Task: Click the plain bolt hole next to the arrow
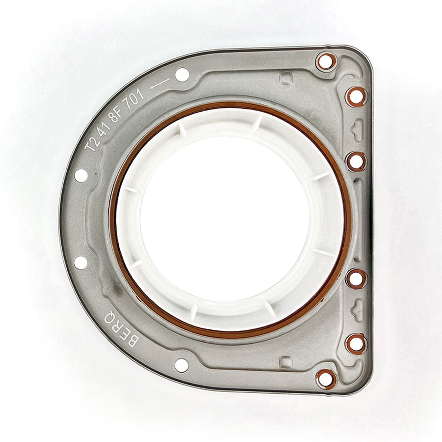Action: tap(182, 74)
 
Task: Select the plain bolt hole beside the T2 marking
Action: tap(81, 175)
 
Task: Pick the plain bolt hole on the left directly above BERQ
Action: tap(81, 262)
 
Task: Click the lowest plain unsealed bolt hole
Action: tap(182, 365)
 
